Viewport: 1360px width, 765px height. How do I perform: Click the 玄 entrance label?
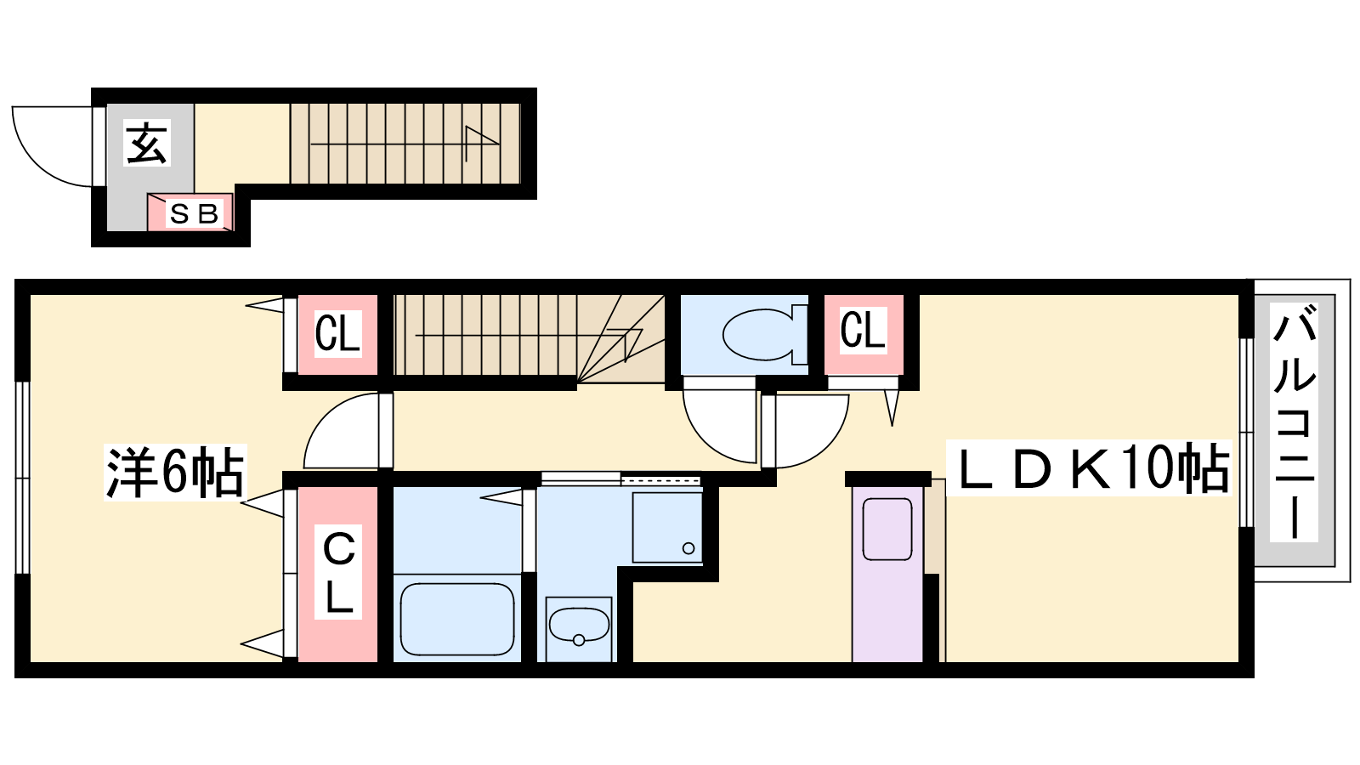tap(147, 143)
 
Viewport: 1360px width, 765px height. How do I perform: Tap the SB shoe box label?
tap(195, 213)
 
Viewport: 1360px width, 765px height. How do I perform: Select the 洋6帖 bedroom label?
tap(175, 472)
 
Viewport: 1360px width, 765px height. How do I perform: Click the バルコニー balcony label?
tap(1295, 424)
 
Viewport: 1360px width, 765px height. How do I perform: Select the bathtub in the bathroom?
tap(457, 620)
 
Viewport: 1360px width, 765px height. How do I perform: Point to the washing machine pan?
tap(667, 527)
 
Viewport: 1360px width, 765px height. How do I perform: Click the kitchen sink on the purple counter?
tap(887, 529)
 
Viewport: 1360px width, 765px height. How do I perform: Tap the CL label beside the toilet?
tap(863, 331)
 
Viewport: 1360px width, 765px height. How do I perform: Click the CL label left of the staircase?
tap(337, 333)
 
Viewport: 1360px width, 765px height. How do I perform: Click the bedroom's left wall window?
tap(22, 477)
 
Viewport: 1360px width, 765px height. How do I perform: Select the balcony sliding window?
tap(1246, 433)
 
